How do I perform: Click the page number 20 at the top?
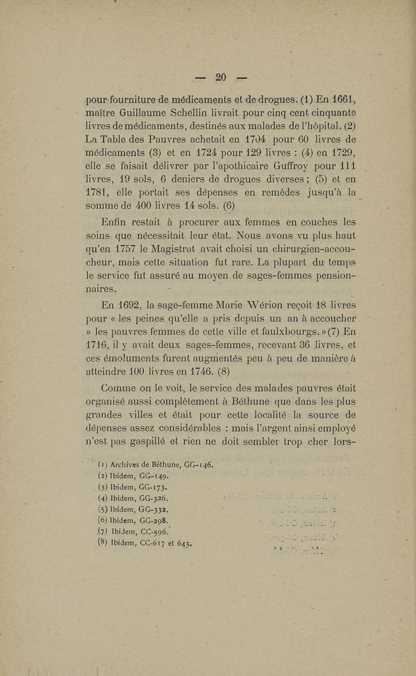[x=220, y=77]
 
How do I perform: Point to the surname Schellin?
[x=190, y=113]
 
